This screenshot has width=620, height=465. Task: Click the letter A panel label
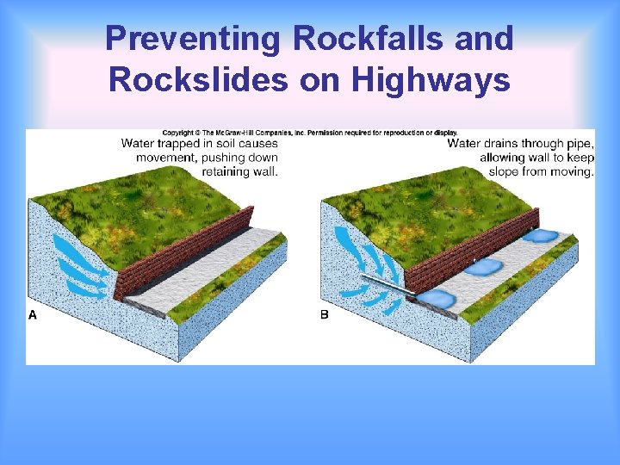(x=33, y=315)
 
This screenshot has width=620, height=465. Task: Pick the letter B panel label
(x=325, y=315)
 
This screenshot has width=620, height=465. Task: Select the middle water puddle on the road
(x=484, y=267)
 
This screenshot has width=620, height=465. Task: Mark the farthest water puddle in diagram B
(x=542, y=235)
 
